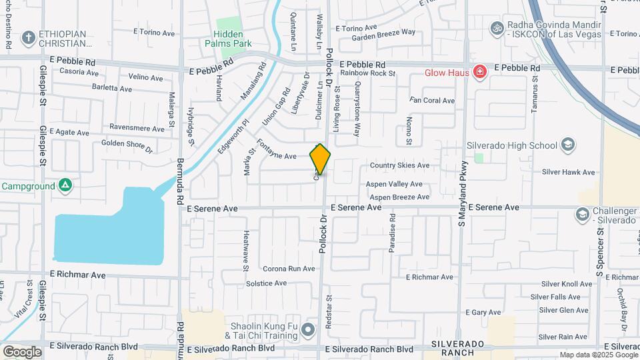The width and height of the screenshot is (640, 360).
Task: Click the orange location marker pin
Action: click(320, 159)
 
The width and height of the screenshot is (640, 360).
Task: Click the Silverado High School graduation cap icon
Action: click(567, 145)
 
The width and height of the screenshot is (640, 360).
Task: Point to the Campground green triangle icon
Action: click(65, 185)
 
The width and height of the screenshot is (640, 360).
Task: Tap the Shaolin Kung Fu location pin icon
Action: click(307, 329)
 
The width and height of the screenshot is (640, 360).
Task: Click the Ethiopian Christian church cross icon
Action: click(28, 37)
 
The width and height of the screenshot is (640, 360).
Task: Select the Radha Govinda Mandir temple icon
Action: click(495, 28)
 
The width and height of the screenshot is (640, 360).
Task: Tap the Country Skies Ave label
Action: click(399, 165)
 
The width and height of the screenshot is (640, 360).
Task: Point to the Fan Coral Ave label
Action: click(432, 101)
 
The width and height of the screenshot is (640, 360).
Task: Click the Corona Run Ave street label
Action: click(288, 269)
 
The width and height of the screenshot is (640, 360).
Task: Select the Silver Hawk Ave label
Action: click(568, 172)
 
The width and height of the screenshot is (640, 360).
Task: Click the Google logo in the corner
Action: click(22, 351)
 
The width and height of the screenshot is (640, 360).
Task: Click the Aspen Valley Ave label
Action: click(394, 184)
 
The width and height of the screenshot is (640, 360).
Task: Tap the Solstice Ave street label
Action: click(266, 283)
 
